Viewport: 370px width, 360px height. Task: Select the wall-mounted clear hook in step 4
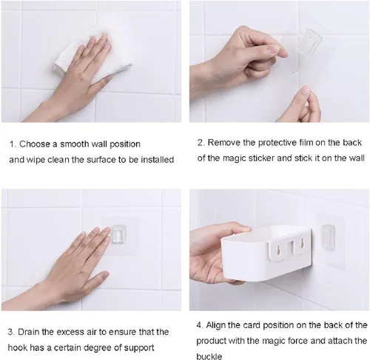click(328, 237)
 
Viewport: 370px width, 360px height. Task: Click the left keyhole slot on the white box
click(278, 249)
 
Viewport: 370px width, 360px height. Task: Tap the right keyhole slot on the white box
click(301, 244)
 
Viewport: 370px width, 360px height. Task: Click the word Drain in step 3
click(28, 332)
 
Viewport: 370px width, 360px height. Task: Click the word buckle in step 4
click(209, 356)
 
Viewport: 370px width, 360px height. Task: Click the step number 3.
click(10, 332)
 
